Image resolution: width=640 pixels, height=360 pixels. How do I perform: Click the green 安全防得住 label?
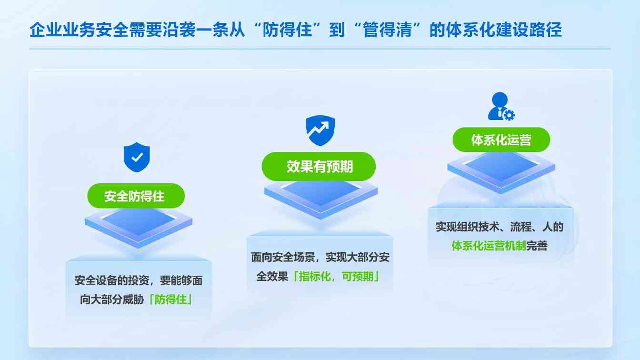click(x=135, y=196)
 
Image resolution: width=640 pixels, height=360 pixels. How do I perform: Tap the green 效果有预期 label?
click(x=319, y=166)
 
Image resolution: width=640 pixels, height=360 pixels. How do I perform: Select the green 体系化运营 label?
click(x=500, y=140)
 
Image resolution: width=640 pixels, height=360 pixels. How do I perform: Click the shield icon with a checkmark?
click(x=137, y=157)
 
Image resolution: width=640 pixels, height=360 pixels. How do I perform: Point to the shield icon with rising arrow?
click(x=320, y=130)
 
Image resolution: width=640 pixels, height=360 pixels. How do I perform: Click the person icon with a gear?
click(x=500, y=106)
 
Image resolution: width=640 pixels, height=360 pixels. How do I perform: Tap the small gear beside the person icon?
click(x=509, y=115)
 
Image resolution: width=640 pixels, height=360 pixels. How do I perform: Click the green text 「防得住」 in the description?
click(x=170, y=300)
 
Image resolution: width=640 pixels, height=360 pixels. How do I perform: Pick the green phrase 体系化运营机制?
click(x=489, y=246)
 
